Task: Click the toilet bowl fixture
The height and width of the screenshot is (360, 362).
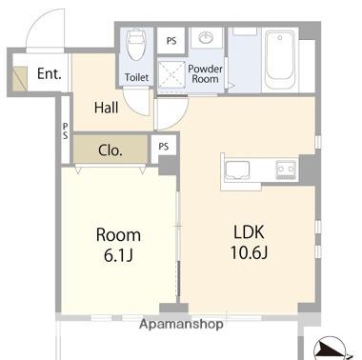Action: (x=136, y=45)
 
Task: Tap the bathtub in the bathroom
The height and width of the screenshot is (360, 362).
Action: (x=280, y=59)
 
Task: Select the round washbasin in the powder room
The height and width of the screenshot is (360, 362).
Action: (x=206, y=38)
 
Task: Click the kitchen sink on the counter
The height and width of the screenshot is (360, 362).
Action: (x=237, y=170)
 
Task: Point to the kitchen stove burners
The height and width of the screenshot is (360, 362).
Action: (x=286, y=169)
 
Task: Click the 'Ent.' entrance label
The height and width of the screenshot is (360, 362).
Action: (x=50, y=73)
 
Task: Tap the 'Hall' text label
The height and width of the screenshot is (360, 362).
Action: (x=107, y=108)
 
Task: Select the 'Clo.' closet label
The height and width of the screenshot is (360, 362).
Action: (x=111, y=150)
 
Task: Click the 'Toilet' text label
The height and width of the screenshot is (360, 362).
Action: (x=136, y=77)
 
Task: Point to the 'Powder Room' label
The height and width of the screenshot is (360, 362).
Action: (x=205, y=74)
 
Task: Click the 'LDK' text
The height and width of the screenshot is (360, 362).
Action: (x=249, y=232)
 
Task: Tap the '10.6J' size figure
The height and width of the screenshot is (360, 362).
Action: (x=249, y=253)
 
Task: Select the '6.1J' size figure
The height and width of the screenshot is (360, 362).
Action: (x=118, y=255)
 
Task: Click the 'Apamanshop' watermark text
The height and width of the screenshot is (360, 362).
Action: (x=181, y=324)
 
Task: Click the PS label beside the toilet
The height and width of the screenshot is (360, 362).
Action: (x=171, y=41)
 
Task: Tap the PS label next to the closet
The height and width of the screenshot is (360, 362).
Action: (x=164, y=147)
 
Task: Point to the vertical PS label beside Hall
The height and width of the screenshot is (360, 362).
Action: (x=65, y=131)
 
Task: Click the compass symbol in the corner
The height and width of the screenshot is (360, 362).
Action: (x=330, y=349)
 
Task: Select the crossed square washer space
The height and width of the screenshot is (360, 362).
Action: (x=171, y=74)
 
